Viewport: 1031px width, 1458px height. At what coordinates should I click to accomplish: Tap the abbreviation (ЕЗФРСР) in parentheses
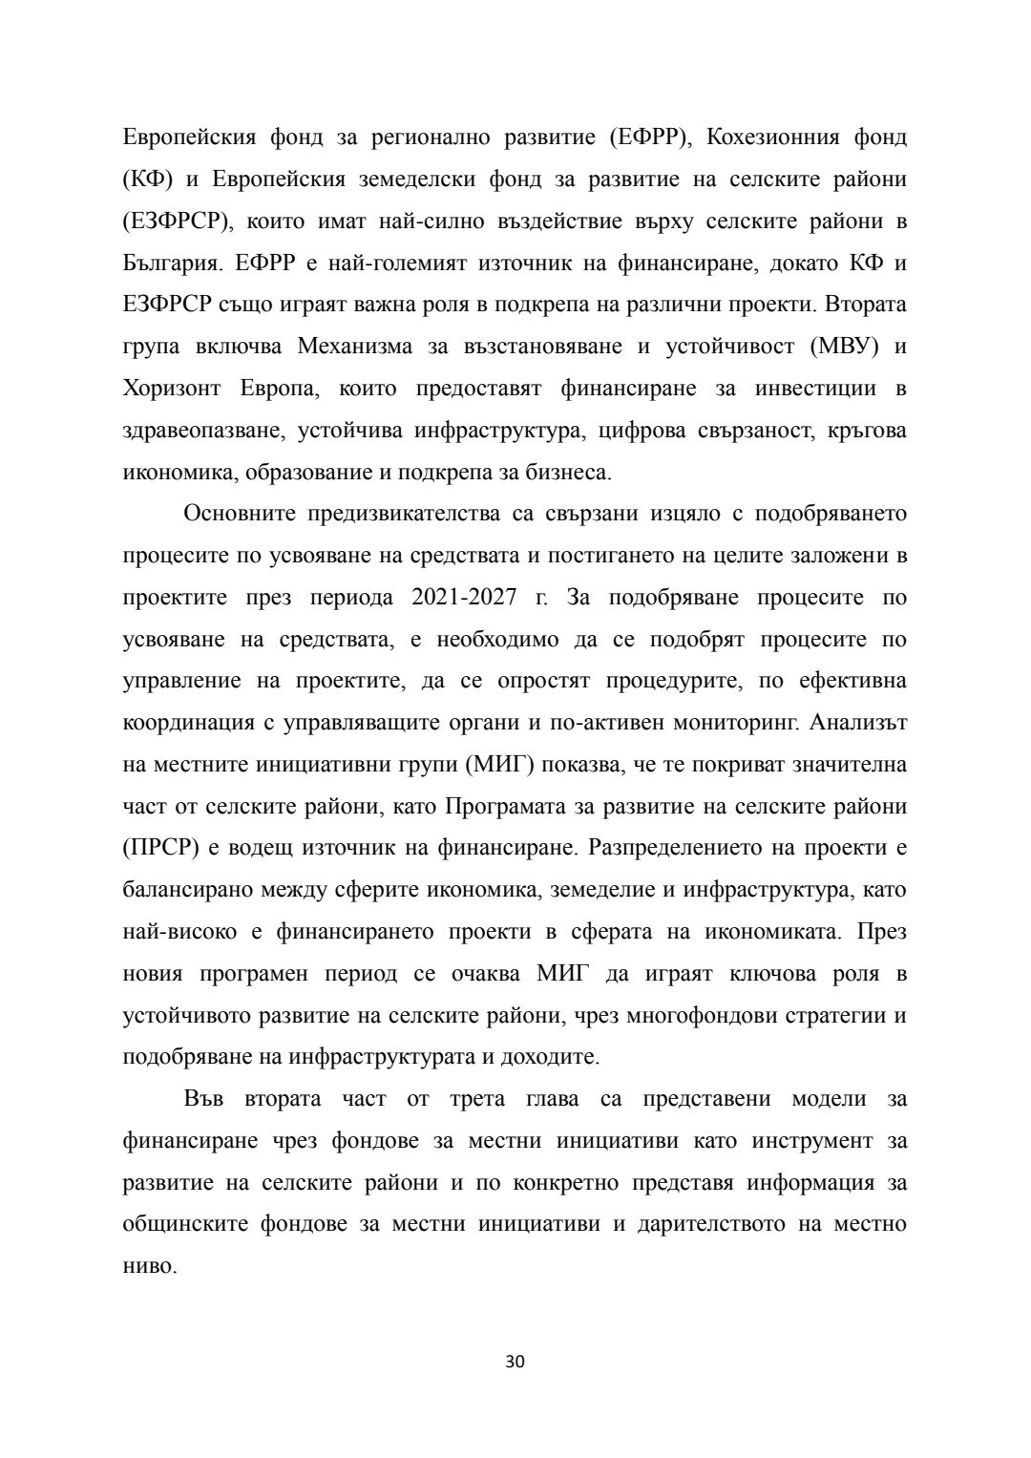(178, 221)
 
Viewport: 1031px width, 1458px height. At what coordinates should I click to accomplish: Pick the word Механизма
(355, 346)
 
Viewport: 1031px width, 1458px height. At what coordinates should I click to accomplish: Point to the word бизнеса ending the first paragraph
(572, 472)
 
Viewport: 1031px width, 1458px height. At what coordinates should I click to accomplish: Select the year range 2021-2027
(464, 598)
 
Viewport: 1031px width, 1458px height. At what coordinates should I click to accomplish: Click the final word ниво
(150, 1267)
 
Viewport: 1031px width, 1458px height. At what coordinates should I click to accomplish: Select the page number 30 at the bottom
(515, 1361)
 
